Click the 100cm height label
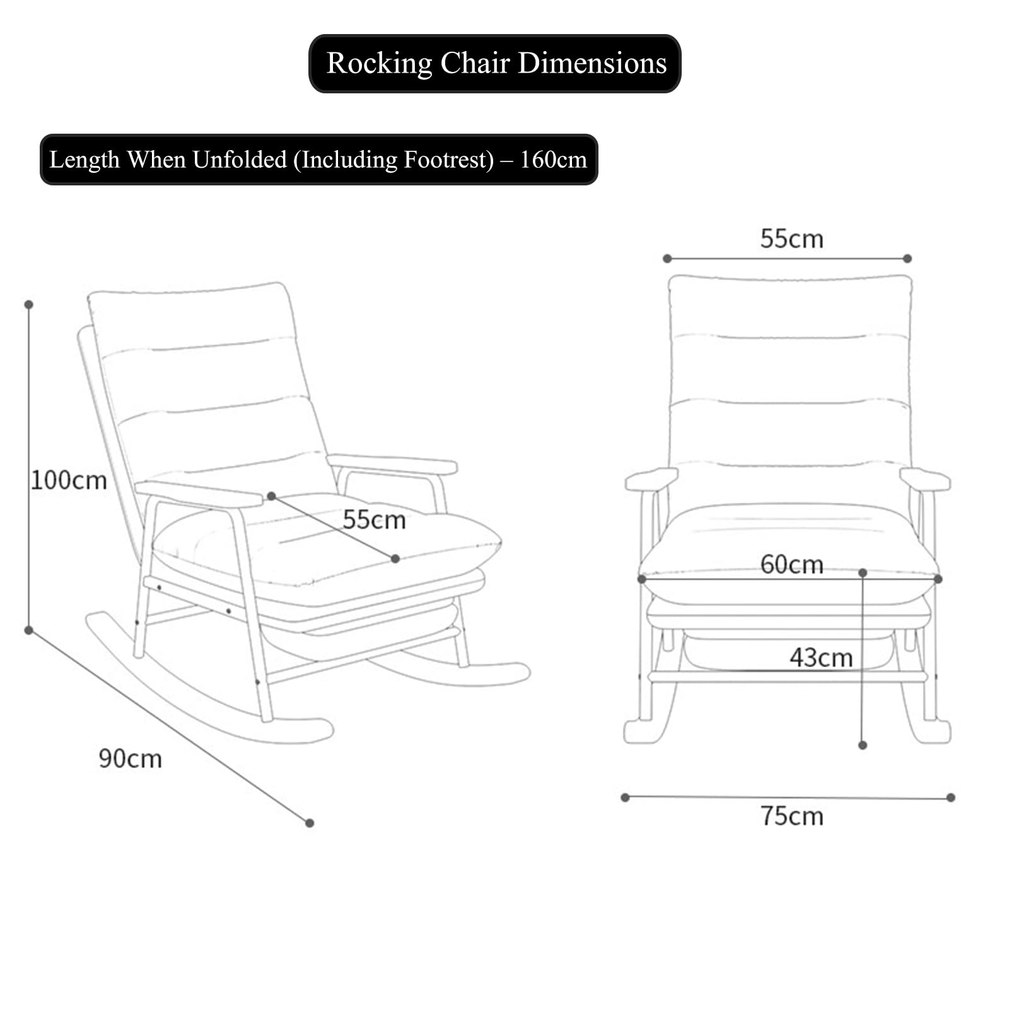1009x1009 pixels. (69, 481)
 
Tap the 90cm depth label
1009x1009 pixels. (130, 759)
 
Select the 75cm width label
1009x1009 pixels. (791, 816)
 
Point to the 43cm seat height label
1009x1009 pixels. (821, 658)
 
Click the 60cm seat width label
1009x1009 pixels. (791, 564)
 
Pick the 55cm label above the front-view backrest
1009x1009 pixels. (791, 239)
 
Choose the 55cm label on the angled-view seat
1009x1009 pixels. (374, 520)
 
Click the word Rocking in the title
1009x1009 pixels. (380, 64)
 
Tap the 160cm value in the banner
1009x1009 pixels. (553, 160)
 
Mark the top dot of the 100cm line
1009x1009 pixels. (28, 305)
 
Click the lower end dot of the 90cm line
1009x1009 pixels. (310, 823)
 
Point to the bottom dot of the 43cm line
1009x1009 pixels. (863, 745)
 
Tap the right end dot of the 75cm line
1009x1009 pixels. (951, 798)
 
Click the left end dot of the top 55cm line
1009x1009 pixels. (667, 259)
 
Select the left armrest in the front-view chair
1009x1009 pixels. (651, 479)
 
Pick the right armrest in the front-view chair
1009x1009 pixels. (925, 479)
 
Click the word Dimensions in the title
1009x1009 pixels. (592, 63)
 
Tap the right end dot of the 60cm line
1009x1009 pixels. (938, 579)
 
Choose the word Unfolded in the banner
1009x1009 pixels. (240, 160)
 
